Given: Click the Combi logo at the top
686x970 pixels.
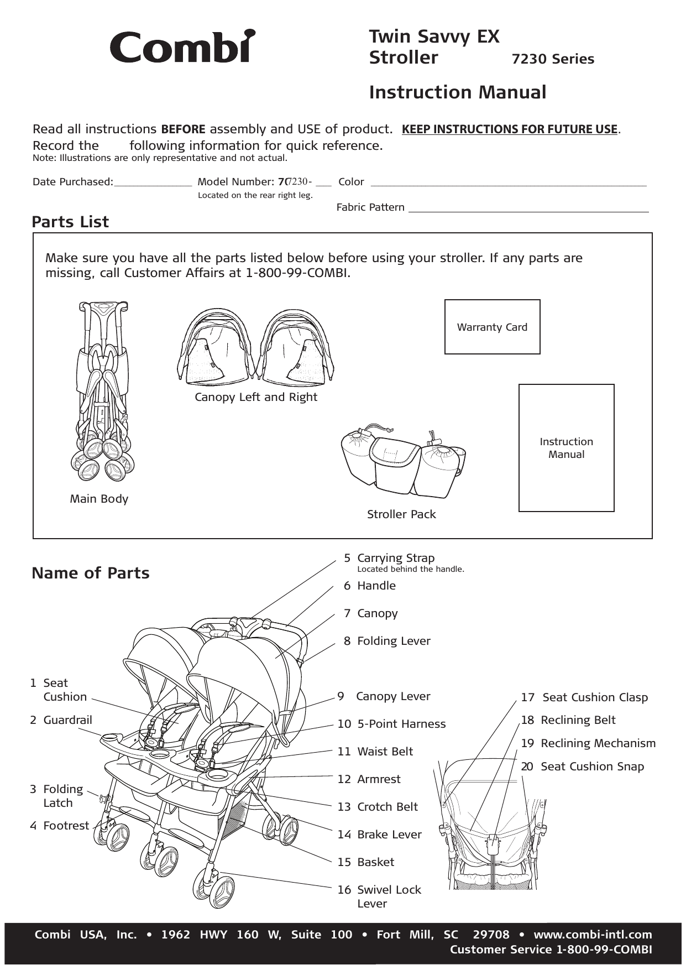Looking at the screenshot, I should [x=182, y=46].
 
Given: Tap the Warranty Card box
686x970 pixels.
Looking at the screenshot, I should [x=492, y=327].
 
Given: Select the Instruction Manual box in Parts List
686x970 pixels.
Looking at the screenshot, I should [x=566, y=447].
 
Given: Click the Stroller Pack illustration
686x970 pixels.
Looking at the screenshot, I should [x=404, y=460].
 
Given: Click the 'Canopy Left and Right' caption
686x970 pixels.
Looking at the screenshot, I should [x=256, y=397].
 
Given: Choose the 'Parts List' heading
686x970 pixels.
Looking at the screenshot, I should [x=70, y=222].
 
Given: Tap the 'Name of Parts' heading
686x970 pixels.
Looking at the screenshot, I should [x=91, y=573].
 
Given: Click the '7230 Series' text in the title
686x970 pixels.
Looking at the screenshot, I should [x=553, y=59].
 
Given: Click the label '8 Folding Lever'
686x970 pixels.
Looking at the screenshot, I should [x=386, y=641].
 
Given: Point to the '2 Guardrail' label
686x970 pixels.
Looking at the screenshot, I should [x=61, y=720].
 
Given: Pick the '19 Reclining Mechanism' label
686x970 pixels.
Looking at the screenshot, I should [x=588, y=743].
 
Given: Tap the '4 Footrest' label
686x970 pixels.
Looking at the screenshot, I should [x=59, y=826].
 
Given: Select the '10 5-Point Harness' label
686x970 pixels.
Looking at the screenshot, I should [x=391, y=724].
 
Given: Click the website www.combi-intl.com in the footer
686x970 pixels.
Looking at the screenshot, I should [x=593, y=935].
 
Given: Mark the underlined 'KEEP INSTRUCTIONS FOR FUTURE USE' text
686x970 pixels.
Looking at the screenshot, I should [x=509, y=129].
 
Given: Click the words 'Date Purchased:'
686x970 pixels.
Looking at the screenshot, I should [x=73, y=182].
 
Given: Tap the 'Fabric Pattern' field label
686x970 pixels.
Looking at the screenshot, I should [x=370, y=207].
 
